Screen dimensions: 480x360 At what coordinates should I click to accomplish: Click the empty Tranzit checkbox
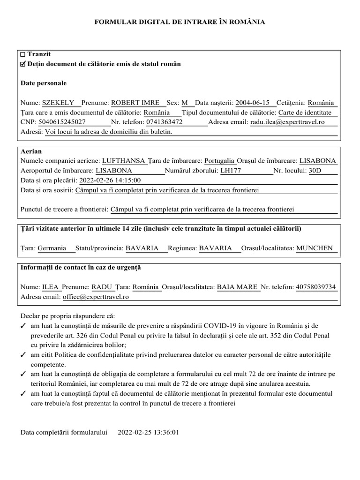click(x=23, y=55)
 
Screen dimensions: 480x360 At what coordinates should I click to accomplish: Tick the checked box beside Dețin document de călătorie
click(x=23, y=64)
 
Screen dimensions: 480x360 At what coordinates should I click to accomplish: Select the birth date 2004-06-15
click(x=252, y=103)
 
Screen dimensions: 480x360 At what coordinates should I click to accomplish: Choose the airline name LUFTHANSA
click(x=124, y=161)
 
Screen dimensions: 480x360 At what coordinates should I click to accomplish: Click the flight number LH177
click(x=231, y=171)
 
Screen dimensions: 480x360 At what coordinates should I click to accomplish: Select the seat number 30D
click(x=315, y=171)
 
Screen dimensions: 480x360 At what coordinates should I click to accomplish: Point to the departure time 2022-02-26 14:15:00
click(x=110, y=180)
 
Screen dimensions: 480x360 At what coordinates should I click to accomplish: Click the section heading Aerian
click(x=31, y=151)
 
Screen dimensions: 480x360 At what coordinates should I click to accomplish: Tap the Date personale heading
click(x=44, y=83)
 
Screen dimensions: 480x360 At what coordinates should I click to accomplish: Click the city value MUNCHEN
click(x=315, y=248)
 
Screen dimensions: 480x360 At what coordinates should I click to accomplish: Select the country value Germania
click(x=52, y=248)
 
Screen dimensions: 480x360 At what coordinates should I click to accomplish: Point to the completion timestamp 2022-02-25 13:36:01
click(x=148, y=432)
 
